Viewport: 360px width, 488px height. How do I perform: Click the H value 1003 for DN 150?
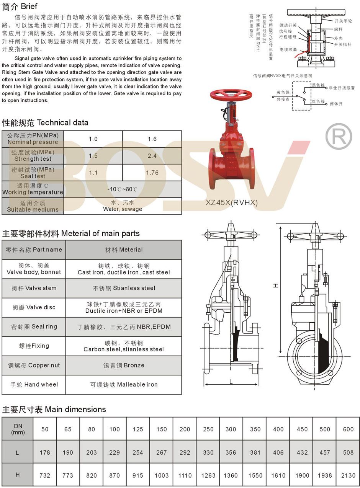coord(161,475)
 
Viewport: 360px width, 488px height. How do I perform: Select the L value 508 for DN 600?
coord(348,452)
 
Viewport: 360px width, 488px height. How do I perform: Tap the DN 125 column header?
coord(138,429)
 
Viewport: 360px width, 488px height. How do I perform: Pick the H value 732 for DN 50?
coord(45,475)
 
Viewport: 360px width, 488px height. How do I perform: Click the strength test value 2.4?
coord(152,156)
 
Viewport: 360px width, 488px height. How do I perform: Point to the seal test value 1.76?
coord(152,173)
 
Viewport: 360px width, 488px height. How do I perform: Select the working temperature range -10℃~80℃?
coord(122,189)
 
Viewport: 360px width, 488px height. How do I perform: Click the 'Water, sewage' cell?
coord(122,206)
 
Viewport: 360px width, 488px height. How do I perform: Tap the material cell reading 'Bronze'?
coord(124,366)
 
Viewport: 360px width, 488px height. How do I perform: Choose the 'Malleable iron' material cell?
coord(124,385)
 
